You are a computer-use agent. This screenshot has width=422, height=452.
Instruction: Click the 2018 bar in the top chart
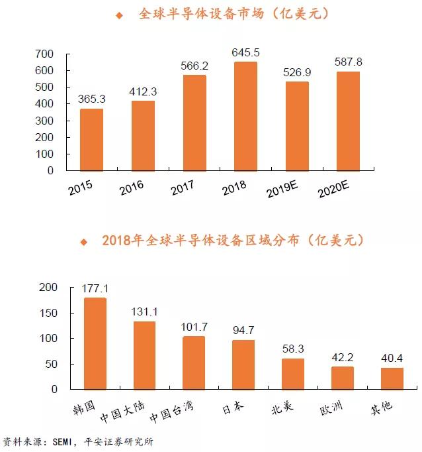pos(245,116)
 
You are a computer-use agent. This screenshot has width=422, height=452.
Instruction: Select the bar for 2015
pos(91,140)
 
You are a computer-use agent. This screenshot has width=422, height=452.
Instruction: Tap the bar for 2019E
pos(297,127)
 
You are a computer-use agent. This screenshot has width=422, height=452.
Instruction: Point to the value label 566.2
pos(194,66)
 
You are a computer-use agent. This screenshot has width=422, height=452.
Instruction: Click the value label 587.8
pos(349,62)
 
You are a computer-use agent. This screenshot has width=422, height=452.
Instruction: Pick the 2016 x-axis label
pos(132,188)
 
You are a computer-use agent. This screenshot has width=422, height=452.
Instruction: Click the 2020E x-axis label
pos(333,189)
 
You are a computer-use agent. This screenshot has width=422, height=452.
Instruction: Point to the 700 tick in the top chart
pos(44,54)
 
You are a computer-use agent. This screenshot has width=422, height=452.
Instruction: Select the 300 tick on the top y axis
pos(44,121)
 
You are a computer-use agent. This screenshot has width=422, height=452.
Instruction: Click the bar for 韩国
pos(95,343)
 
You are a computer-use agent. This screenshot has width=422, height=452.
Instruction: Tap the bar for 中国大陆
pos(144,355)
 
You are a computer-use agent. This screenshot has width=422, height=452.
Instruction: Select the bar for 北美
pos(293,374)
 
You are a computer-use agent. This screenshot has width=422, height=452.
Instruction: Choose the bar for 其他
pos(392,379)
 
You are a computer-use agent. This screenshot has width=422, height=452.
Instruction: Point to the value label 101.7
pos(194,327)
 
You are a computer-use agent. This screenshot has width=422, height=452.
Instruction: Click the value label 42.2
pos(343,357)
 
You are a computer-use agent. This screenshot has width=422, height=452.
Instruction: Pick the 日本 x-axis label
pos(233,408)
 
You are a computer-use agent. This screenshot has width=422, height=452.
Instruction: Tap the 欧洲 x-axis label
pos(331,408)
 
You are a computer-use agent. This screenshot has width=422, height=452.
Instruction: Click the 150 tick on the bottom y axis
pos(48,313)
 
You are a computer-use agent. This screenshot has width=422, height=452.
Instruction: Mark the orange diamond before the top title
pos(119,15)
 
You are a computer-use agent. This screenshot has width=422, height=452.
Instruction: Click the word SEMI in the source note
pos(62,441)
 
